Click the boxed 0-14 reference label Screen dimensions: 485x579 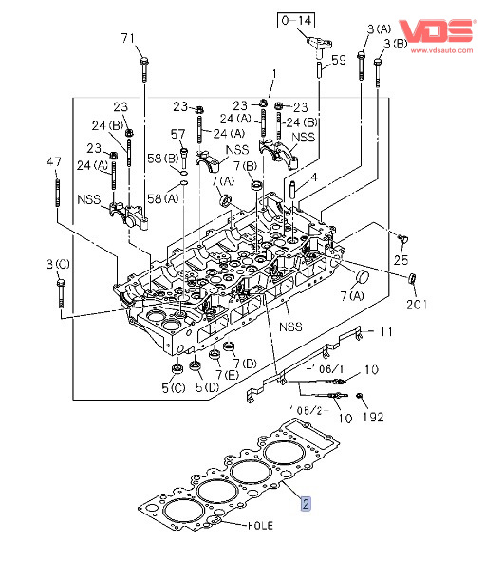296,20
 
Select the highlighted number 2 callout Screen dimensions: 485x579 306,504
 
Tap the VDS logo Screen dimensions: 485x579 437,30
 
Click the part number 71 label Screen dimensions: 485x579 128,38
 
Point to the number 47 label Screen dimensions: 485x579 54,161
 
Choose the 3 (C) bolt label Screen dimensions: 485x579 58,265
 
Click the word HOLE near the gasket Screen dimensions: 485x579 261,526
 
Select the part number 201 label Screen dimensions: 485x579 417,305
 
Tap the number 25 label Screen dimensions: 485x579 401,260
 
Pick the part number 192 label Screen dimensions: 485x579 373,418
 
